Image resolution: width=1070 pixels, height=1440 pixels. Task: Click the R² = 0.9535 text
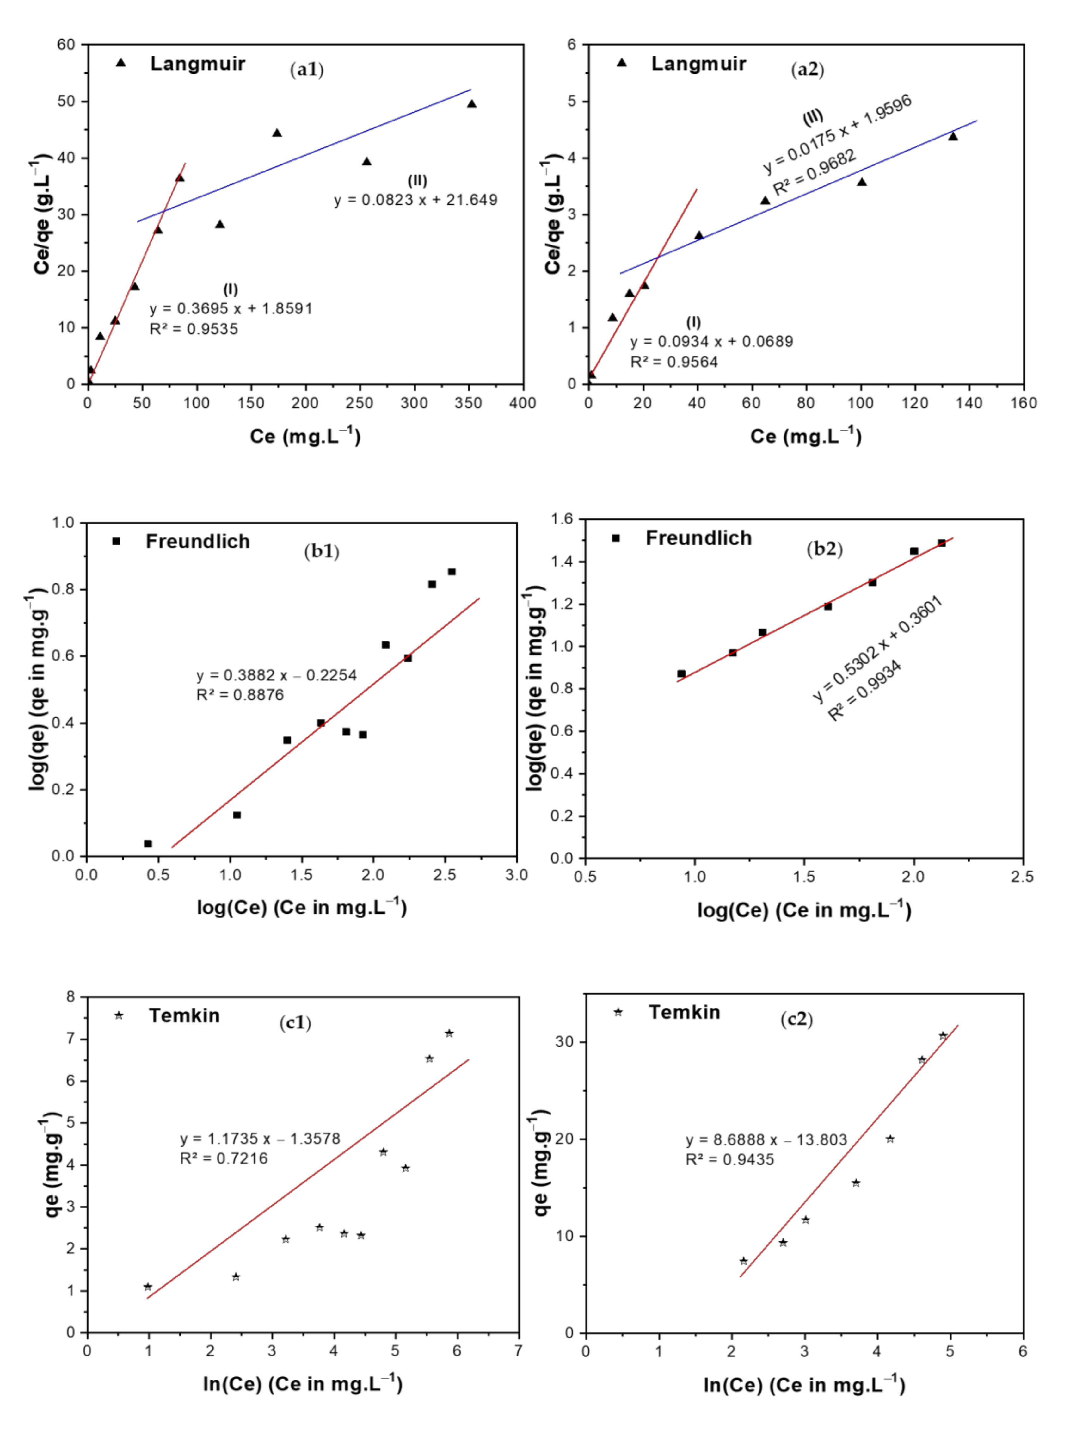[194, 329]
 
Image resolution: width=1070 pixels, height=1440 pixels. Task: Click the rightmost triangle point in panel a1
[471, 104]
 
